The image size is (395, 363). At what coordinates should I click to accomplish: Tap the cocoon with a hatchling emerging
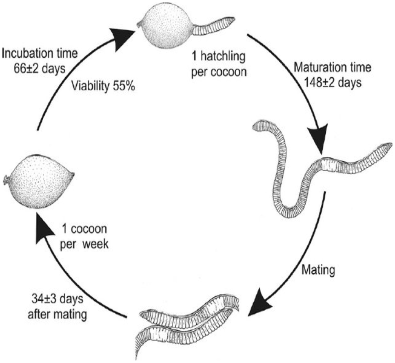click(166, 28)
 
